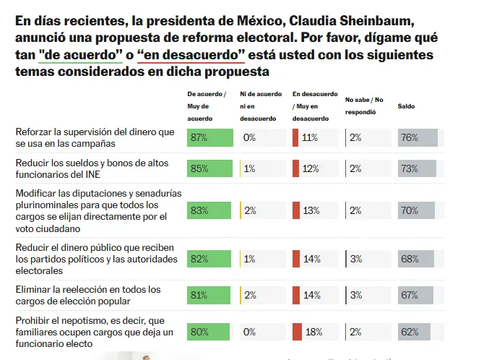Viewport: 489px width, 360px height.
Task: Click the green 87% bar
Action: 210,137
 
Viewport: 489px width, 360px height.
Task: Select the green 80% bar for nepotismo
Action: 209,333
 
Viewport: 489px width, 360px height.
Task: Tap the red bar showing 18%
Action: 296,333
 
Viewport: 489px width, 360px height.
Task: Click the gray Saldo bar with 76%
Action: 417,137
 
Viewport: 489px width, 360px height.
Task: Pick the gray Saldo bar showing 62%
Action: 415,333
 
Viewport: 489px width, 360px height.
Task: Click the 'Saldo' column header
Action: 407,106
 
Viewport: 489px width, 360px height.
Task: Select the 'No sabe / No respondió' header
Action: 365,106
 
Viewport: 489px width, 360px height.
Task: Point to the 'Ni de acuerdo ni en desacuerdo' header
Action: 261,106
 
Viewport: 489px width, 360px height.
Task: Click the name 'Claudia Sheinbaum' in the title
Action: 347,20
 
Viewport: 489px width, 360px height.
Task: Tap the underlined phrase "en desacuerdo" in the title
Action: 191,55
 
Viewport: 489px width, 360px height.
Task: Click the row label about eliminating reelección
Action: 88,295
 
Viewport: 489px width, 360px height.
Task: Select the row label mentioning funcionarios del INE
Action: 92,168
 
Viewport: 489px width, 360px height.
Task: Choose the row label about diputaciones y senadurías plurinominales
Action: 98,210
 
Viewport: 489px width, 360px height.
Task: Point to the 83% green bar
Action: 209,210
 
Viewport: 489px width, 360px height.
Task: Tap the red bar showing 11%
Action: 295,137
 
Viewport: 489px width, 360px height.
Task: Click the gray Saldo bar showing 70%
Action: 417,210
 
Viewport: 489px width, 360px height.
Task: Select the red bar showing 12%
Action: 295,168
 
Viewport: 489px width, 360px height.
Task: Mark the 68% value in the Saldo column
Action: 410,259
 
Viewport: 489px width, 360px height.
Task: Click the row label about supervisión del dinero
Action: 95,137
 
